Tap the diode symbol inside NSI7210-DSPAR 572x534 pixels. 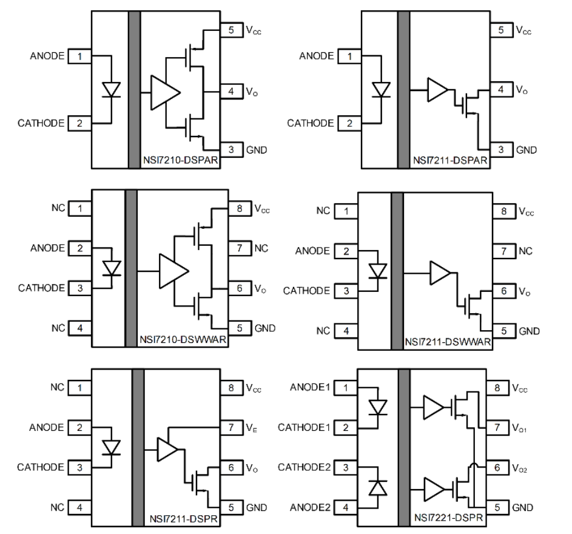pos(111,90)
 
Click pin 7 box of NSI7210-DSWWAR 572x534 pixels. pos(240,248)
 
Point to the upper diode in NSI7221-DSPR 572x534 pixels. pos(379,407)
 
